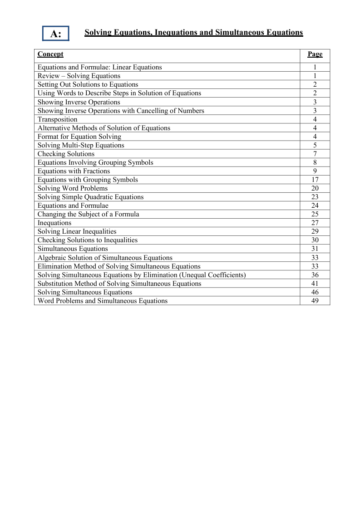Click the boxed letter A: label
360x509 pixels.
[x=56, y=34]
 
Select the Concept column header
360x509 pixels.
[x=50, y=54]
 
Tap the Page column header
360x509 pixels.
[x=315, y=54]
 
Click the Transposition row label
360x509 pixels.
[x=58, y=119]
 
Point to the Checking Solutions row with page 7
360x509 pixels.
[x=66, y=154]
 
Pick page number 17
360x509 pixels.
[x=315, y=180]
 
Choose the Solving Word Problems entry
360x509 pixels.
[x=73, y=188]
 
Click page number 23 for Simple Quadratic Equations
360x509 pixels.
[x=315, y=197]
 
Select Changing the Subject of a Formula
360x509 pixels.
[x=88, y=214]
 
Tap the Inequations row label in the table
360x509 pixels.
[x=54, y=223]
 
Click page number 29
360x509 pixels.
[x=315, y=231]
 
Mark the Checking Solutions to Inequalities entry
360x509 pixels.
[x=87, y=240]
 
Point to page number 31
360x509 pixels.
[x=315, y=249]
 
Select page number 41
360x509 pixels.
[x=315, y=284]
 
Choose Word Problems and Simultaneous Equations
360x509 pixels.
[x=103, y=301]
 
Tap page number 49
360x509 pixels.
[x=315, y=301]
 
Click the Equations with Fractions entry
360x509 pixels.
[x=74, y=171]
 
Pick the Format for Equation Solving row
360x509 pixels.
[x=79, y=137]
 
